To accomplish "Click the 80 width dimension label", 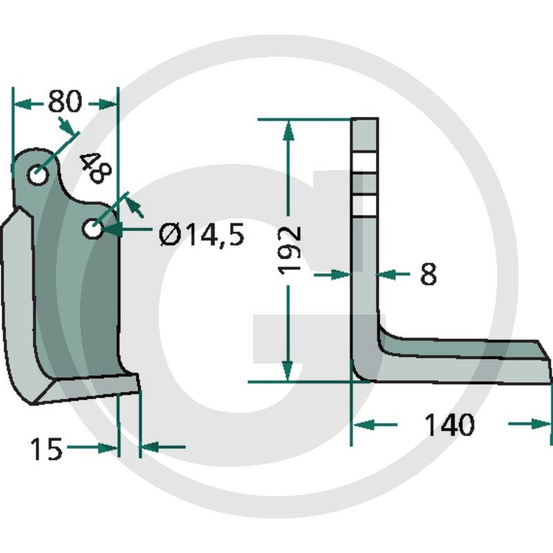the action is pos(65,101).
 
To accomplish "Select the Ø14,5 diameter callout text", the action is pos(202,236).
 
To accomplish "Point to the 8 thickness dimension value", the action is pos(429,274).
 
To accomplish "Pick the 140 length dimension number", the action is pos(450,424).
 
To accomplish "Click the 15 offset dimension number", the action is pos(46,449).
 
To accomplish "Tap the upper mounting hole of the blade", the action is pos(38,175).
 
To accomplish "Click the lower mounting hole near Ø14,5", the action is pos(93,229).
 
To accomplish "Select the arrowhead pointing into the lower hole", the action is pos(113,229).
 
